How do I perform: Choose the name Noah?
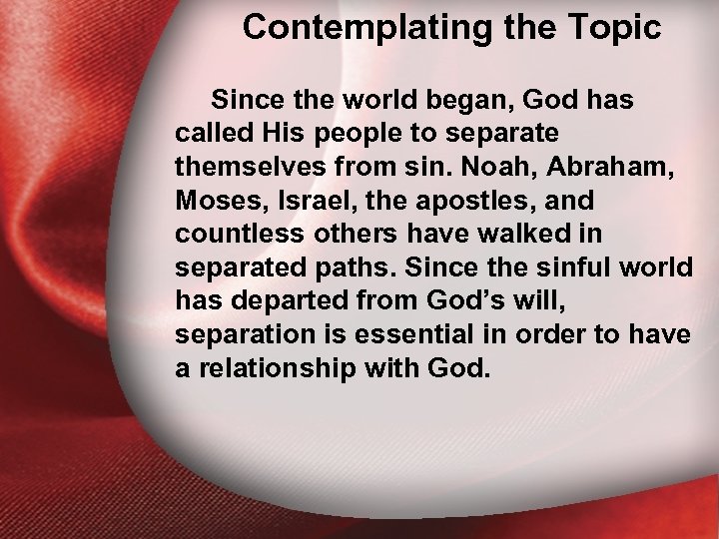(x=489, y=167)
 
